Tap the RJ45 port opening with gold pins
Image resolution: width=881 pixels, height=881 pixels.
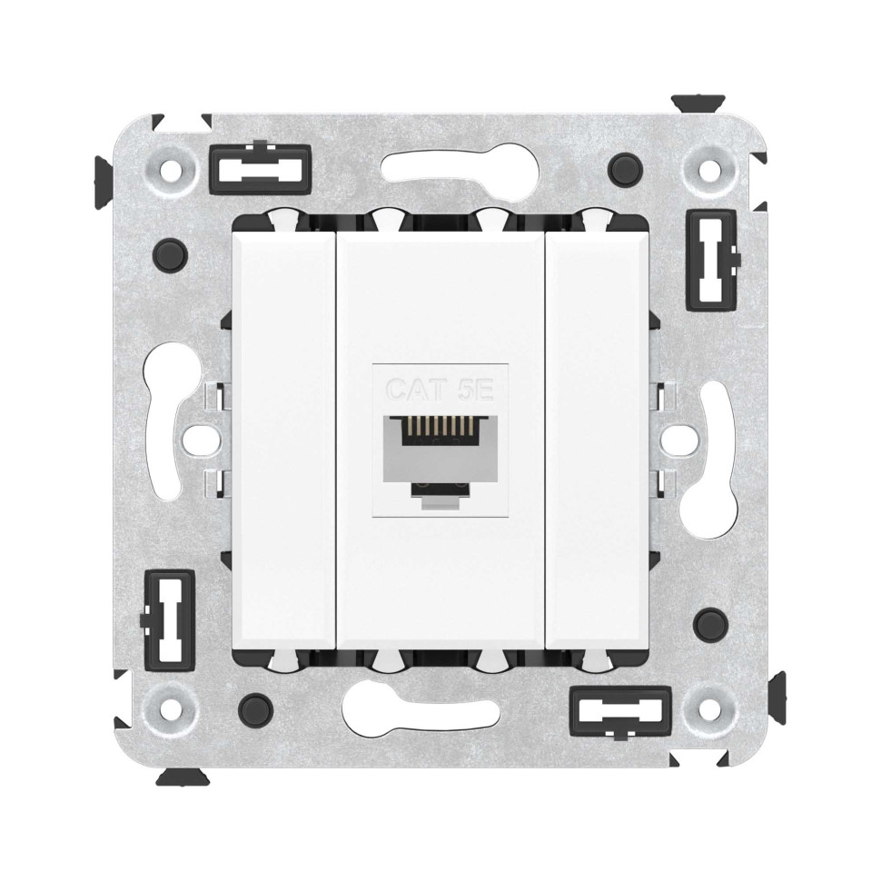click(x=440, y=446)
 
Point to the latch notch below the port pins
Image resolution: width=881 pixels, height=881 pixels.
click(x=440, y=490)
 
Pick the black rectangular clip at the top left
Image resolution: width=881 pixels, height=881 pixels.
click(x=260, y=165)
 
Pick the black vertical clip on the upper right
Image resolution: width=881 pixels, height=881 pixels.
click(x=711, y=258)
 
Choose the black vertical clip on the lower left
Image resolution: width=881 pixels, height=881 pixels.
click(x=170, y=616)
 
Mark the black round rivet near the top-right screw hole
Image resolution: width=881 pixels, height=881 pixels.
click(x=623, y=167)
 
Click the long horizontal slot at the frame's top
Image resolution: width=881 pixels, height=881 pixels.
click(x=440, y=167)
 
